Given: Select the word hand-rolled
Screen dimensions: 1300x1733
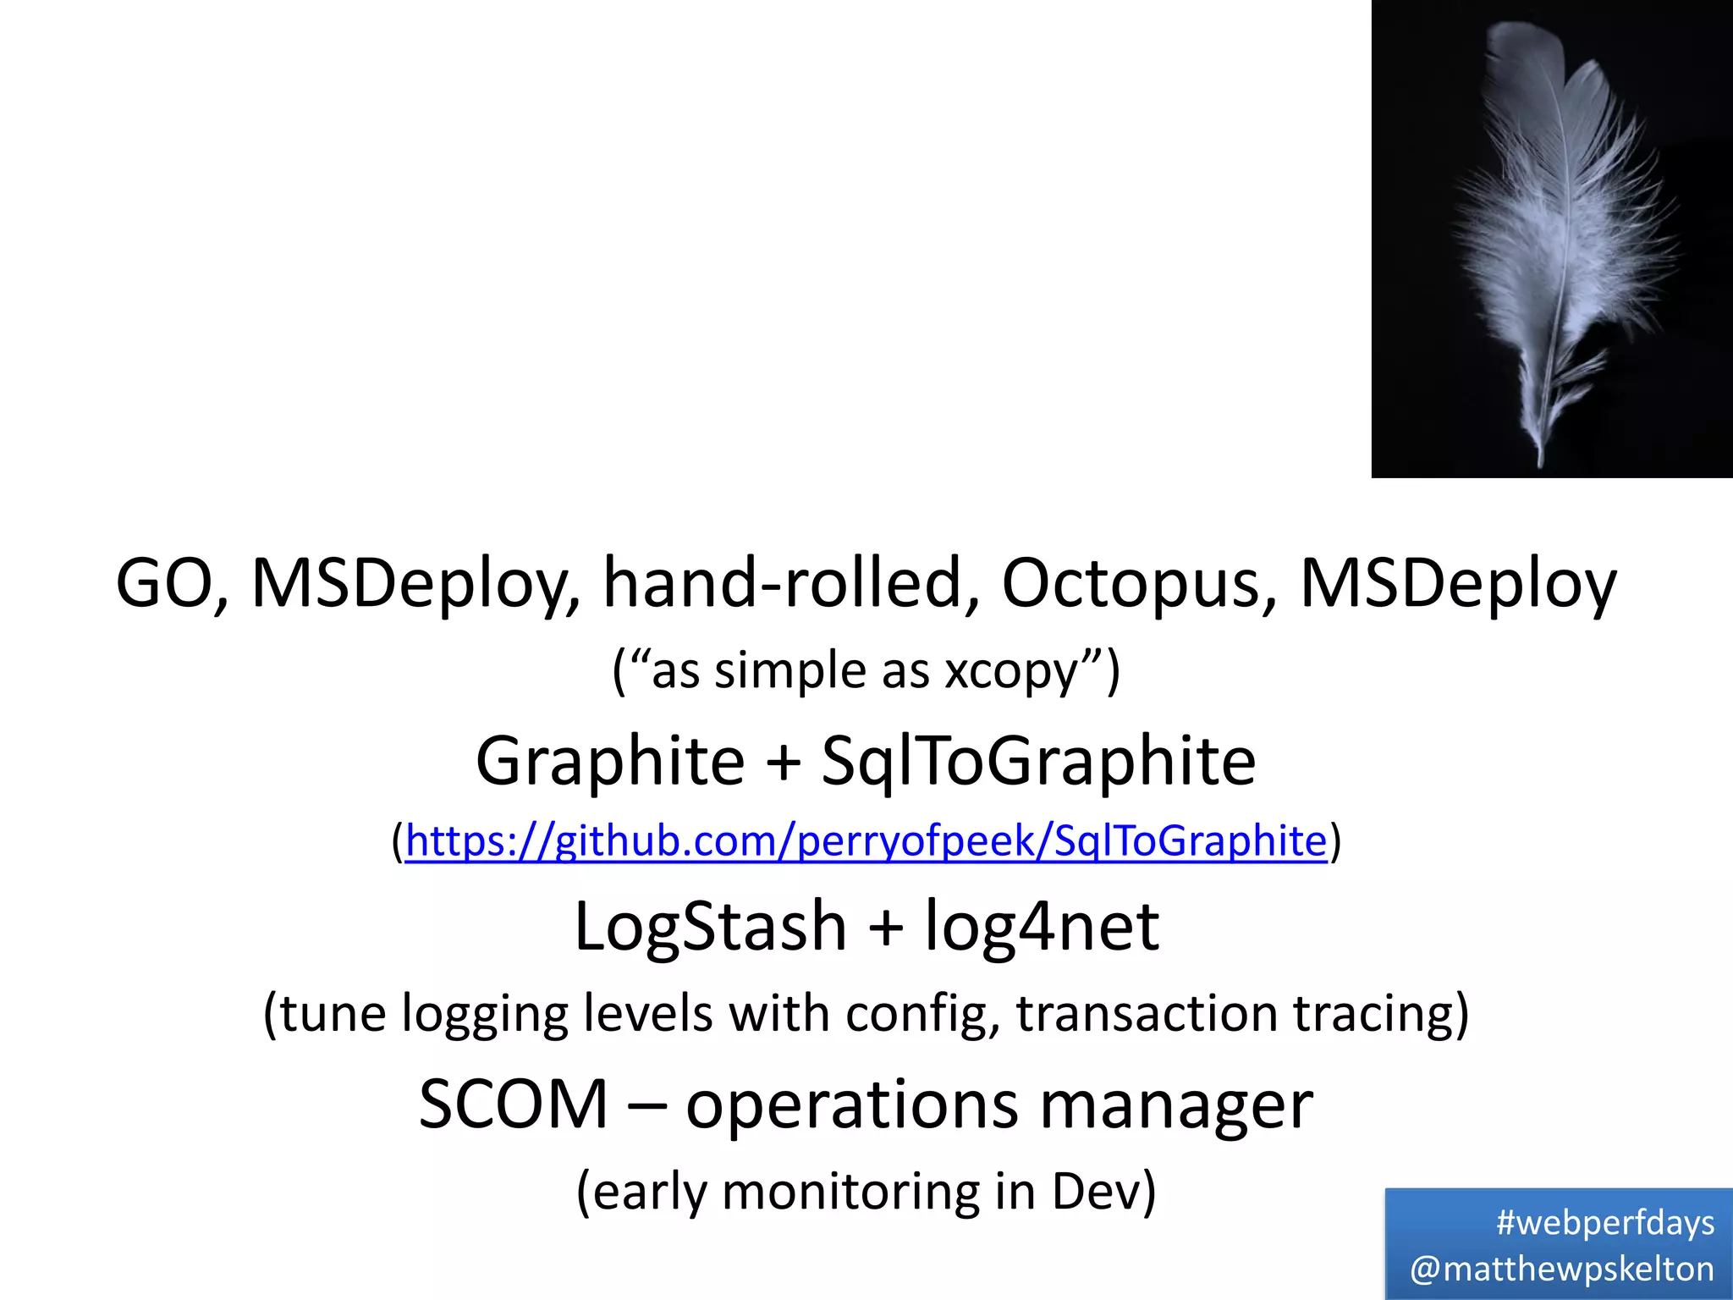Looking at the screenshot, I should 790,583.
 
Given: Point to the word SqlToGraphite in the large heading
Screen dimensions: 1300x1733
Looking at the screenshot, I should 1038,760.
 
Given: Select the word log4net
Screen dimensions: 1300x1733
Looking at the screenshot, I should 1042,927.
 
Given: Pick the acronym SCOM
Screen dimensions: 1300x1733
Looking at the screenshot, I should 514,1104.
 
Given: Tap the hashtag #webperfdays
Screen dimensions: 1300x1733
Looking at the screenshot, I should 1604,1223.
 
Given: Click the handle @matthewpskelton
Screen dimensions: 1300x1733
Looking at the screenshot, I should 1562,1269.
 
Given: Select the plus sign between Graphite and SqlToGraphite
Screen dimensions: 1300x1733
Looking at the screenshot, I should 784,760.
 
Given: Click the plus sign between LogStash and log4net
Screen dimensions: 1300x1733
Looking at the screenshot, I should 886,927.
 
